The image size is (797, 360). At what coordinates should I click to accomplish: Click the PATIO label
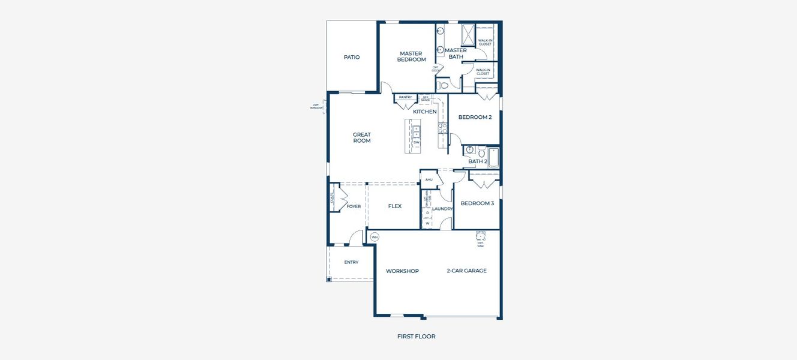click(352, 57)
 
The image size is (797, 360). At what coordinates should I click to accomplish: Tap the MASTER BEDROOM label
click(411, 56)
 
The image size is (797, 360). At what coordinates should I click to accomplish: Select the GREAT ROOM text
click(361, 137)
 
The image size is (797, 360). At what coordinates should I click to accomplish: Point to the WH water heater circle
click(374, 237)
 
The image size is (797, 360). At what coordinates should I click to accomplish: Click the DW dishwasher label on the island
click(416, 142)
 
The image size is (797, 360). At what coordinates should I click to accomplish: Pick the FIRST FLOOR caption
click(416, 337)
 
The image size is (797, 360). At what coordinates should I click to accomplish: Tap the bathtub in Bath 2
click(493, 157)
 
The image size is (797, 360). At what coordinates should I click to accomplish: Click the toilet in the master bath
click(443, 86)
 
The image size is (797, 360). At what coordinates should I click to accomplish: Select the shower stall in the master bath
click(468, 34)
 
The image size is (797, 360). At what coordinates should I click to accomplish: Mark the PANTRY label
click(405, 97)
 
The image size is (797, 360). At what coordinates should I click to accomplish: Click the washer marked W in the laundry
click(427, 223)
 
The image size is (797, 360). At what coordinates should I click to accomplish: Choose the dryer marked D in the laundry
click(427, 212)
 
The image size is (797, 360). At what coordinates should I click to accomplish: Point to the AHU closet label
click(429, 179)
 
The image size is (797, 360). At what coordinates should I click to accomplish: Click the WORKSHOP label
click(402, 271)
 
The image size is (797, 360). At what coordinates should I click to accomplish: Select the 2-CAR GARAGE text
click(466, 271)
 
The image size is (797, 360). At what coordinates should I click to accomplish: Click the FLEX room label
click(394, 206)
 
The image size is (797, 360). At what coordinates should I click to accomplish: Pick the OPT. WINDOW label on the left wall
click(316, 107)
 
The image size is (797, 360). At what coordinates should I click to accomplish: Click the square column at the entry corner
click(329, 279)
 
